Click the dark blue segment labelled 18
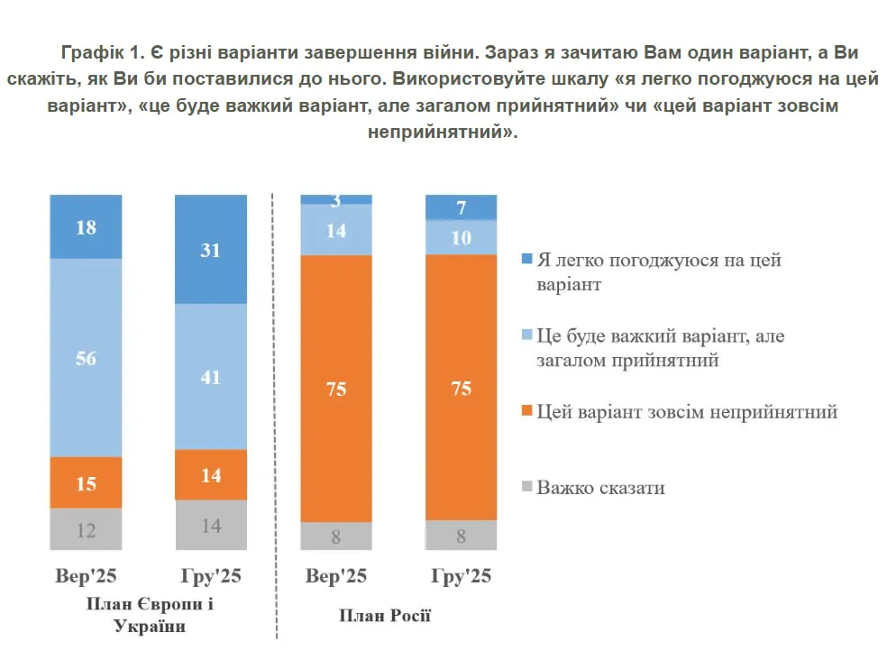click(86, 226)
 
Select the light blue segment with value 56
click(86, 358)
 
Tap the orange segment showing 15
click(86, 483)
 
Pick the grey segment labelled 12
click(86, 529)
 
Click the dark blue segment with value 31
click(211, 250)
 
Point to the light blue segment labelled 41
click(211, 377)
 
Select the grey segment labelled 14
click(211, 525)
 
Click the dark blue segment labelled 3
click(336, 199)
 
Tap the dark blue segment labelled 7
click(461, 208)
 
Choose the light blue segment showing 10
click(461, 238)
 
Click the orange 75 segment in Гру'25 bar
click(461, 388)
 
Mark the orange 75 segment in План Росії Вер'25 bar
click(336, 389)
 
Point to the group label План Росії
click(385, 616)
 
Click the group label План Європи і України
click(151, 614)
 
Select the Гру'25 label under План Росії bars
click(461, 577)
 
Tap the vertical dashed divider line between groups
click(274, 406)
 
